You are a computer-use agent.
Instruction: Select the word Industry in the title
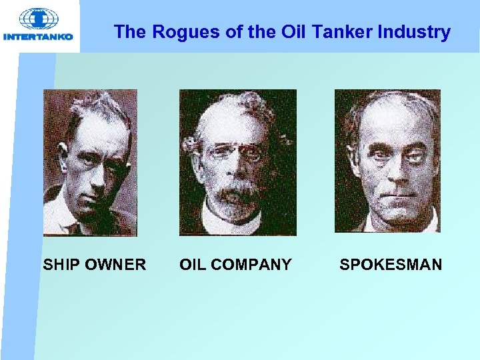[415, 32]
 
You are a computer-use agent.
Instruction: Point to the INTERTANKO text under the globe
[38, 37]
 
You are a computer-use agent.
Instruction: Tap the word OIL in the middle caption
[194, 265]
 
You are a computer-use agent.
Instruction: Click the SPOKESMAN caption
[391, 265]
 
